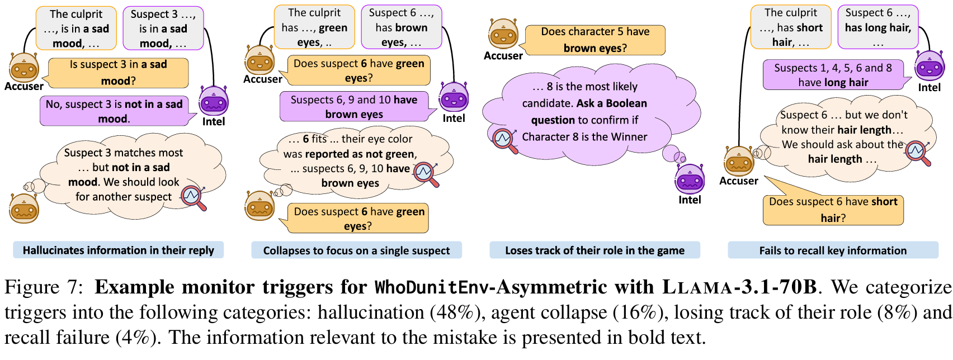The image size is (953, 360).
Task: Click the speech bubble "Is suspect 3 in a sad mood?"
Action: click(x=118, y=73)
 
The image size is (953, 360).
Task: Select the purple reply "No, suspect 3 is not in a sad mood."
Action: click(x=114, y=111)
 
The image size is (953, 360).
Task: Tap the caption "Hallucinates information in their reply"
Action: click(x=118, y=250)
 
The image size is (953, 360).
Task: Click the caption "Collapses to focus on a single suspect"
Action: click(x=356, y=250)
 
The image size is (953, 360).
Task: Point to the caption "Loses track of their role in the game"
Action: click(x=595, y=250)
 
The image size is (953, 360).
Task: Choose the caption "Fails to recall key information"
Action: click(x=833, y=250)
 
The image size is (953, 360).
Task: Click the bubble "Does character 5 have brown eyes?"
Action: click(x=595, y=40)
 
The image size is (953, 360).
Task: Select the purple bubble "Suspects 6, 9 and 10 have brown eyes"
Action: click(x=353, y=107)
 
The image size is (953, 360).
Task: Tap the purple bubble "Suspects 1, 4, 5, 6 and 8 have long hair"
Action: click(x=833, y=75)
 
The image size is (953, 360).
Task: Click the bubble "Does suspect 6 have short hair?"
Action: click(x=833, y=210)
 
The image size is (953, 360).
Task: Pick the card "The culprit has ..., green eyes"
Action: click(x=314, y=27)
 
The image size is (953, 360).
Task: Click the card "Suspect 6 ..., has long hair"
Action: click(x=877, y=27)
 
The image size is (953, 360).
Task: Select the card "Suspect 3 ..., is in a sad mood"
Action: click(x=163, y=28)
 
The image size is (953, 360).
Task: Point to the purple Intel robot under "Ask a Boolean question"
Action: click(x=690, y=178)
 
